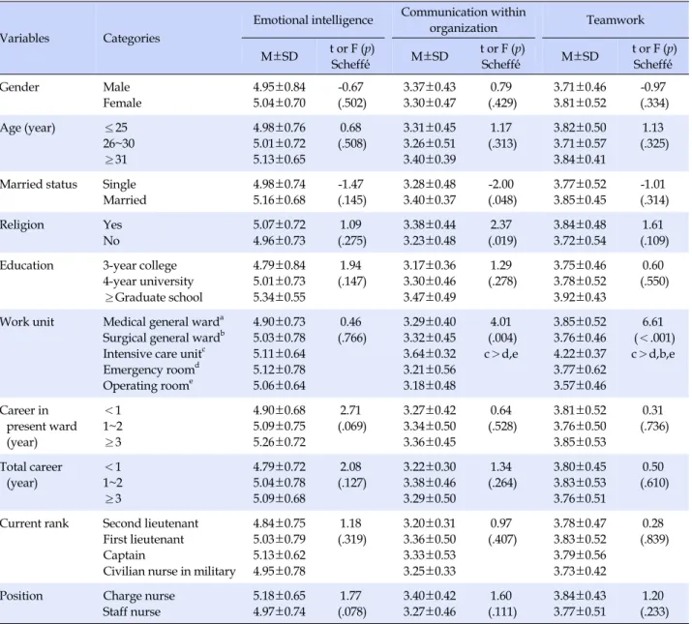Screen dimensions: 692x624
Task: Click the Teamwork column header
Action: coord(616,20)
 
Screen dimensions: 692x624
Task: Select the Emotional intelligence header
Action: coord(313,20)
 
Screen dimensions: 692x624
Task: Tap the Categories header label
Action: coord(132,39)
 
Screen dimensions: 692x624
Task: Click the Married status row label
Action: coord(39,184)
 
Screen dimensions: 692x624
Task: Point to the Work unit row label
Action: coord(27,322)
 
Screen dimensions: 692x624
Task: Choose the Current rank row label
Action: coord(35,523)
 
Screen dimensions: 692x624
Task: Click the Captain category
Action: coord(124,555)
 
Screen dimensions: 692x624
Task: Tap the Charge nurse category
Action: coord(139,596)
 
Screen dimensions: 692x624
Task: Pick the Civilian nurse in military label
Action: coord(169,571)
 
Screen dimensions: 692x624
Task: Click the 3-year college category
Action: coord(140,266)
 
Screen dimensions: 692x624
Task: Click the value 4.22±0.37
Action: coord(580,354)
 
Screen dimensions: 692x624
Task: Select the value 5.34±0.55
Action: coord(279,297)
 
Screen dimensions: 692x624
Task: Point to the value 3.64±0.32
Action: coord(430,354)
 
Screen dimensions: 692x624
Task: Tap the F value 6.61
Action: coord(652,322)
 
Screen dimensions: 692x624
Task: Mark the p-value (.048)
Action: coord(502,200)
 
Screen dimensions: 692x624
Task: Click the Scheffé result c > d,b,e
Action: coord(652,354)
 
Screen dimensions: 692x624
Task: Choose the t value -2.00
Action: coord(501,184)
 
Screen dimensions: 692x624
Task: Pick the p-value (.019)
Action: coord(502,241)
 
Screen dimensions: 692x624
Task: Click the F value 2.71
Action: coord(351,410)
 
